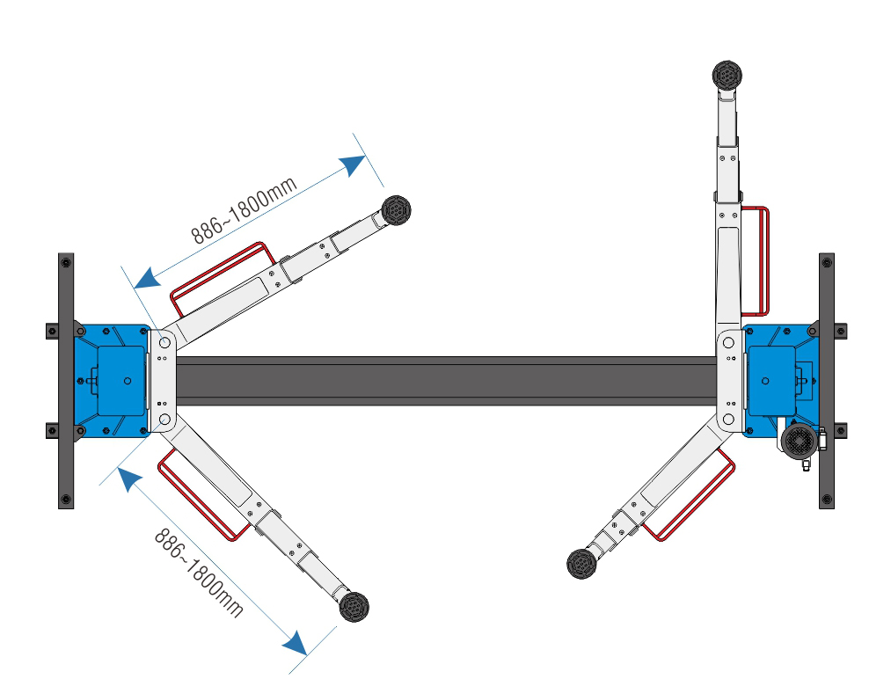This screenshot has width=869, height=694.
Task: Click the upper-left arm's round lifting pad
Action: coord(396,210)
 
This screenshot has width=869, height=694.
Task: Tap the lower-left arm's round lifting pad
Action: coord(353,606)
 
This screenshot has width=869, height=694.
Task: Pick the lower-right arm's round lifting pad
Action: coord(581,563)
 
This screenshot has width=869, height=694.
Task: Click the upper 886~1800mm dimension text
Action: coord(245,209)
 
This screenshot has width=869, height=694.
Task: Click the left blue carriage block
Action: coord(111,380)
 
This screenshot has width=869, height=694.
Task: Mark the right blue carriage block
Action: coord(778,380)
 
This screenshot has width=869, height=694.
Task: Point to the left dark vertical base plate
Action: coord(66,380)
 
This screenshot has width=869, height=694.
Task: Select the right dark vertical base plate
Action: coord(826,380)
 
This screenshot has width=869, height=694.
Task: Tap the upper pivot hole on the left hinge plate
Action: coord(164,341)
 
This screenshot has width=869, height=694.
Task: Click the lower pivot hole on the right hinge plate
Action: coord(729,419)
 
